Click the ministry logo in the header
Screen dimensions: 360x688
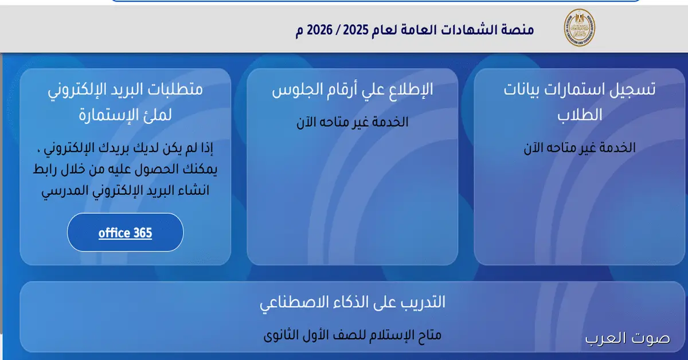pyautogui.click(x=579, y=28)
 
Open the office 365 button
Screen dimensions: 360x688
pyautogui.click(x=125, y=233)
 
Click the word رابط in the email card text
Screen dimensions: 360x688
pyautogui.click(x=53, y=170)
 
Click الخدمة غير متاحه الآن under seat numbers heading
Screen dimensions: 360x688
pyautogui.click(x=352, y=122)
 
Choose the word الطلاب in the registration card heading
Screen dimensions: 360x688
pyautogui.click(x=580, y=114)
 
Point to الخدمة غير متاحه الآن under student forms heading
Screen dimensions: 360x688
pyautogui.click(x=580, y=147)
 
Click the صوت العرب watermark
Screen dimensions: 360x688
pyautogui.click(x=627, y=338)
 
